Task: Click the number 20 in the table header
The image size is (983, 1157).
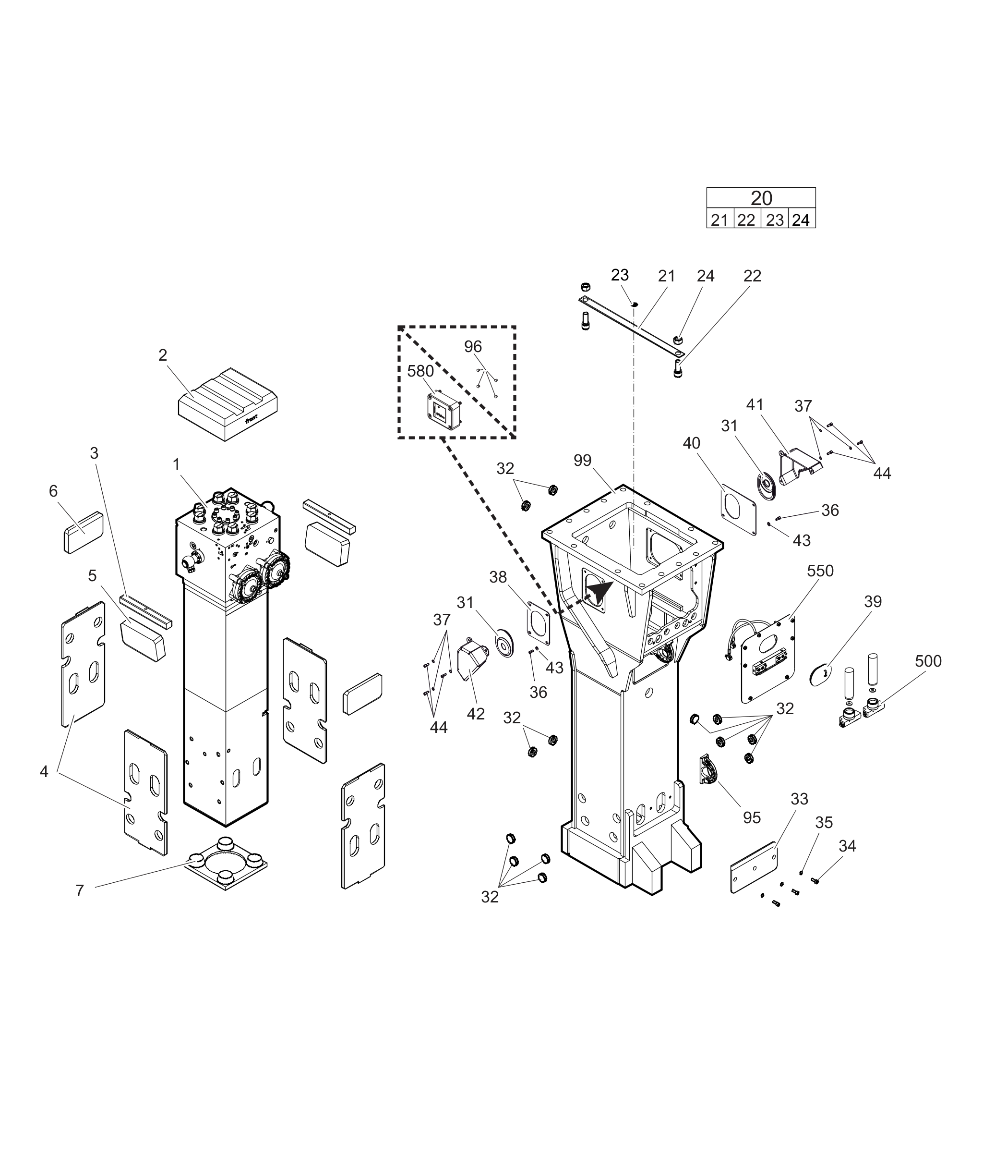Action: [x=761, y=198]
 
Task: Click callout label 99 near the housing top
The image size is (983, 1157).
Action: [x=582, y=461]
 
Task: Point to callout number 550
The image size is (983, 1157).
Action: [x=820, y=571]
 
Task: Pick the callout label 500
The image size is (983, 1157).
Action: [x=928, y=661]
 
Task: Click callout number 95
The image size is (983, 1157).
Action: [x=752, y=817]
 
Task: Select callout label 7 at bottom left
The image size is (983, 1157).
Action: [x=80, y=891]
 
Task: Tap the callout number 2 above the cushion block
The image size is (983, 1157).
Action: [x=163, y=355]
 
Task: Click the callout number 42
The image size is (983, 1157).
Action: [x=475, y=714]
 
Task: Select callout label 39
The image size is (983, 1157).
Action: [x=873, y=602]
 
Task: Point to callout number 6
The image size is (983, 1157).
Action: [x=53, y=491]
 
